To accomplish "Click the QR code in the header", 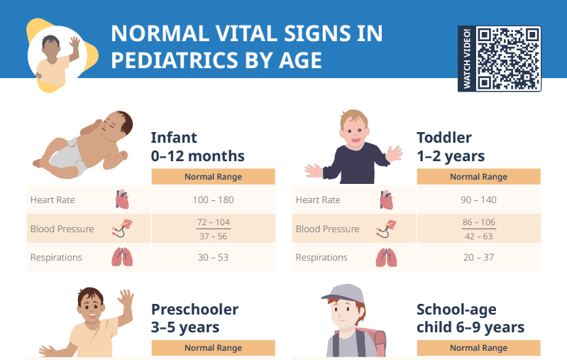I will coord(508,58).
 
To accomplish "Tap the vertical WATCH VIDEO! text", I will coord(467,58).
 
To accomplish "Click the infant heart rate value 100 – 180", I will coord(213,200).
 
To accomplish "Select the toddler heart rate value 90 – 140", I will coord(478,200).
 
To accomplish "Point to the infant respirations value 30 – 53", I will coord(213,257).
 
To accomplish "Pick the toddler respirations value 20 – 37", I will coord(478,257).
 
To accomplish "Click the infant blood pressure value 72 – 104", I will coord(213,222).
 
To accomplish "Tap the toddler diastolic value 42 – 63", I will coord(478,236).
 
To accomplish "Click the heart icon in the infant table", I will coord(122,200).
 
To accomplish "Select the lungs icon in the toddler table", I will coord(386,257).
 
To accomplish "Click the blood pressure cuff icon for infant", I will coord(121,229).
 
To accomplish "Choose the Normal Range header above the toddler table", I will coord(478,177).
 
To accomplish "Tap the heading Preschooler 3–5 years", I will coord(195,318).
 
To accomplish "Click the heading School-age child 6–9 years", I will coord(470,318).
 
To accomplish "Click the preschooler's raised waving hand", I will coord(126,298).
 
